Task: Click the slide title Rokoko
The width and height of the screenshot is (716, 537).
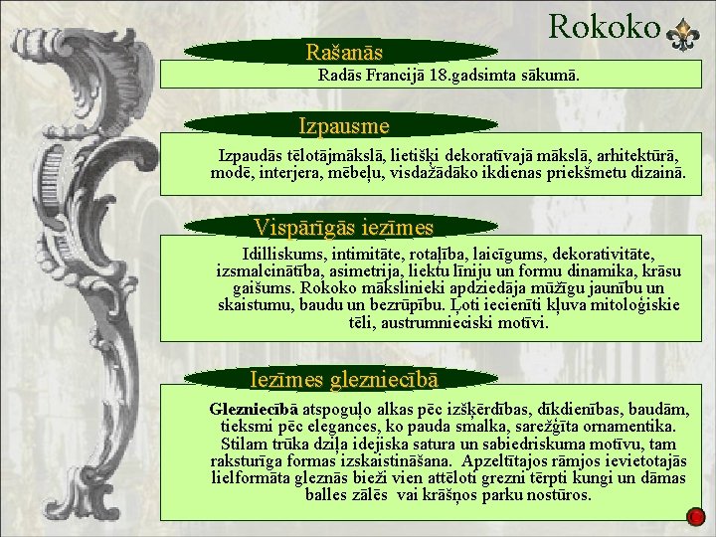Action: pos(604,26)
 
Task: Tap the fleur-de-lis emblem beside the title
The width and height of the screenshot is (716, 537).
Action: pos(685,35)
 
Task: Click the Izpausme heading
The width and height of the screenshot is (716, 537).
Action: pos(344,126)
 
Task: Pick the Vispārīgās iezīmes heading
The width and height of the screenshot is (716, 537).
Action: pos(344,226)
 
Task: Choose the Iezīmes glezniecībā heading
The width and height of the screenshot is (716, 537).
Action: pos(344,378)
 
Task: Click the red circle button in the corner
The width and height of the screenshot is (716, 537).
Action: pos(696,516)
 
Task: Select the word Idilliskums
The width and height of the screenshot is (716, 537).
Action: pos(285,255)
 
